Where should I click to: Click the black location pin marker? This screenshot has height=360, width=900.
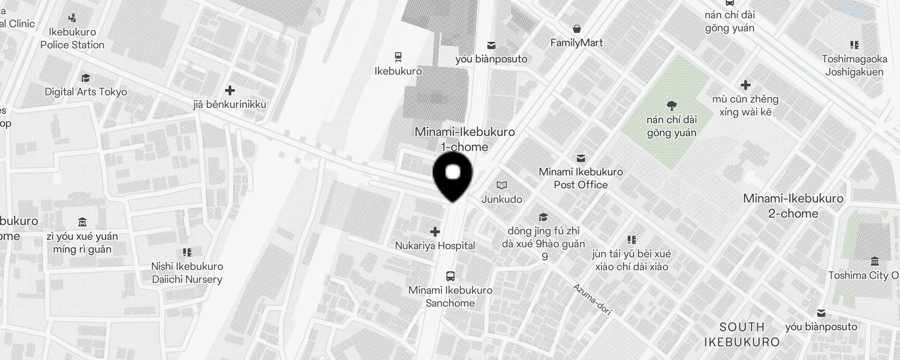coord(453,175)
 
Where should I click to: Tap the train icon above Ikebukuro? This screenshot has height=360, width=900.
coord(398,57)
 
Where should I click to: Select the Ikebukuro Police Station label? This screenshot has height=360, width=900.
coord(72,39)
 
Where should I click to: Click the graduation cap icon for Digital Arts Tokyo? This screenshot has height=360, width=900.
coord(85,78)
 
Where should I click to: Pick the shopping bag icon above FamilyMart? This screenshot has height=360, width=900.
coord(576,29)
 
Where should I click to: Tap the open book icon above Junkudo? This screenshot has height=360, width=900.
coord(502,185)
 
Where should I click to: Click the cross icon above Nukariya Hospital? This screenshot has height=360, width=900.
coord(435,232)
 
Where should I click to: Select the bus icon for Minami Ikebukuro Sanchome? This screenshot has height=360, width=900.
coord(450,276)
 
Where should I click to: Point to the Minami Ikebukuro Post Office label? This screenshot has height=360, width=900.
coord(580,178)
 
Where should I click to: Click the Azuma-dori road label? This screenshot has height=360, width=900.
coord(592,299)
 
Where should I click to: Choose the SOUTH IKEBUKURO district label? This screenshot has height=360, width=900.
coord(742,334)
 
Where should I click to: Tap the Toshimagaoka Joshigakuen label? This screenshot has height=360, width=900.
coord(854,66)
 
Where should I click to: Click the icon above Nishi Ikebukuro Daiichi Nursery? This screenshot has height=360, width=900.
coord(187,252)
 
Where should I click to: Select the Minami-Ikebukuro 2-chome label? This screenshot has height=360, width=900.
coord(793,206)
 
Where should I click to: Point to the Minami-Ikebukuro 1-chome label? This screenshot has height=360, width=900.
coord(464,139)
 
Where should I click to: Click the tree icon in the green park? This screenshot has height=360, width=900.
coord(672,106)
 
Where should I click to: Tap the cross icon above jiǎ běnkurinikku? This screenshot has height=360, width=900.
coord(229,90)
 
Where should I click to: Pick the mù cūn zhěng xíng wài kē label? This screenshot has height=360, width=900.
coord(745,105)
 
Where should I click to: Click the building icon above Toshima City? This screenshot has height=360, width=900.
coord(875,261)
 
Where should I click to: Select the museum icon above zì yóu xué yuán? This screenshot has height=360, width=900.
coord(82,222)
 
